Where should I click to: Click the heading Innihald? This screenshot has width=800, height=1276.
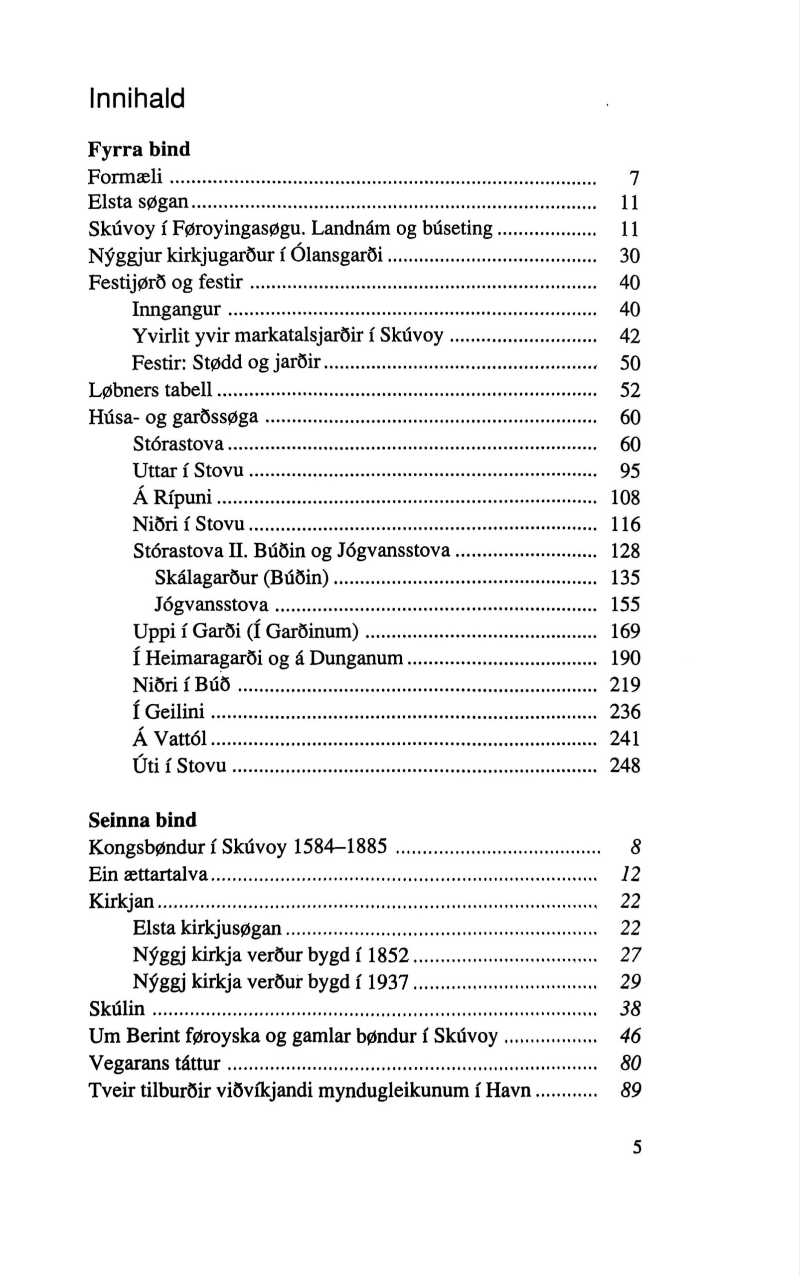click(x=137, y=98)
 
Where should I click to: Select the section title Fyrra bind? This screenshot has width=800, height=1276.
click(x=139, y=150)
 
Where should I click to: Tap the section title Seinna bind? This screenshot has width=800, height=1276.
click(x=143, y=820)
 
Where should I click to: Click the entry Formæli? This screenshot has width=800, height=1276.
click(x=125, y=176)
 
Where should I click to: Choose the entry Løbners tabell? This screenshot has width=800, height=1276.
click(x=150, y=390)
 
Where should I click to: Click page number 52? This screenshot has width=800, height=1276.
click(x=630, y=391)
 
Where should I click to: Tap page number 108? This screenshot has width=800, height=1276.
click(x=626, y=498)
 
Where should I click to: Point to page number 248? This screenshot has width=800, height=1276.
click(x=625, y=766)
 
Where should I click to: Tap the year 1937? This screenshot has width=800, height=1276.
click(x=388, y=982)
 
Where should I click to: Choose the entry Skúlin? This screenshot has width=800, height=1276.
click(x=117, y=1009)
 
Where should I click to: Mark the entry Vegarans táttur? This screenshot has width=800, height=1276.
click(x=155, y=1063)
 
